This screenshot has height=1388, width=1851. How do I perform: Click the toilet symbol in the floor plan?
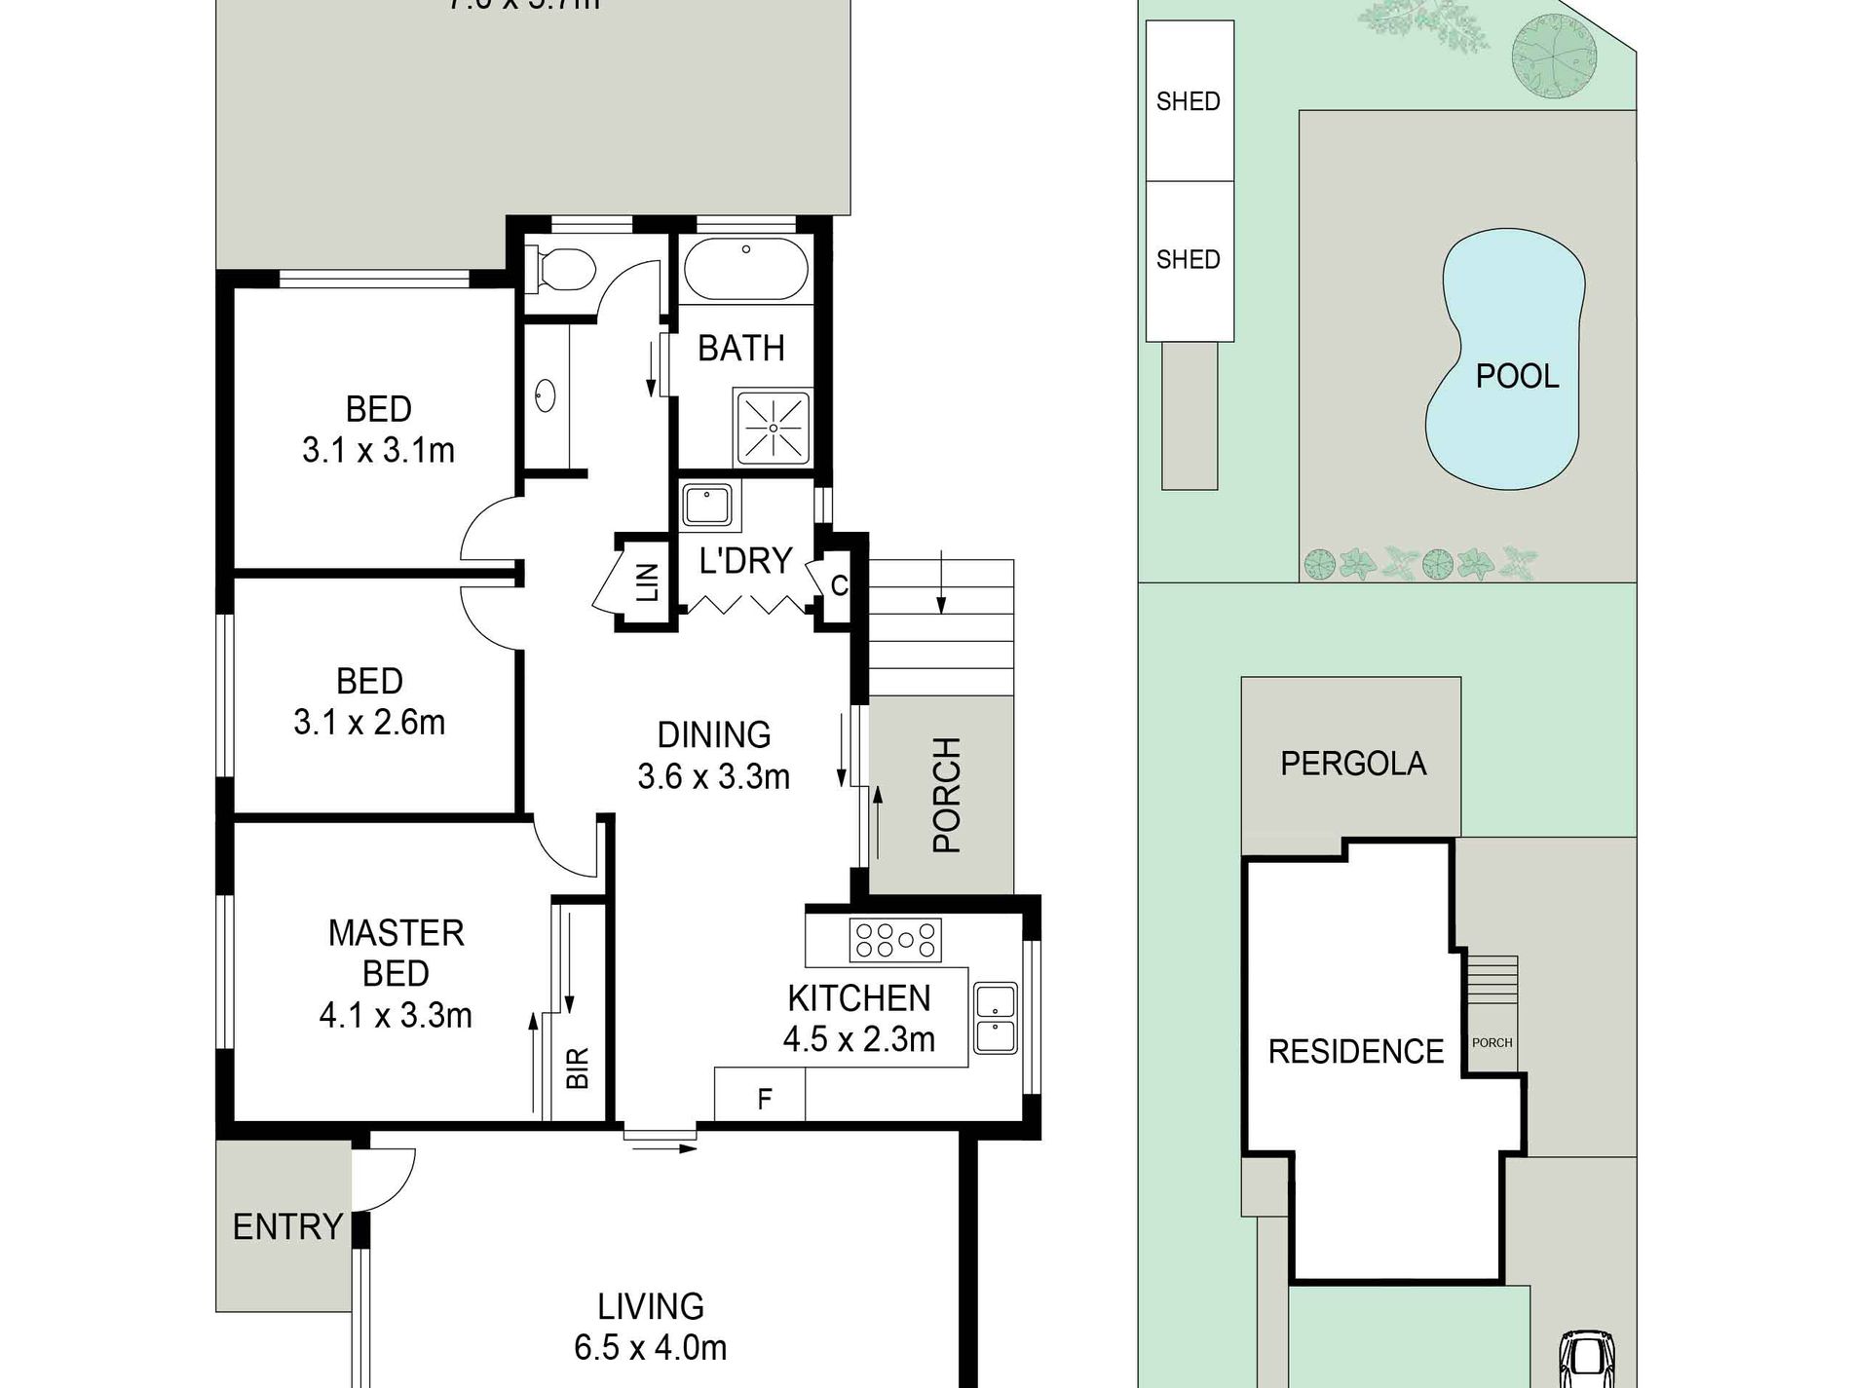tap(560, 268)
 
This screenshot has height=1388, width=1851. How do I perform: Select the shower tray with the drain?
tap(773, 428)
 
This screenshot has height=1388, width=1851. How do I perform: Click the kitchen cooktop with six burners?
tap(895, 940)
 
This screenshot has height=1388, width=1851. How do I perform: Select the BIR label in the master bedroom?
tap(578, 1068)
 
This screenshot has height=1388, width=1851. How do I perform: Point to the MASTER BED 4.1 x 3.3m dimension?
tap(396, 1015)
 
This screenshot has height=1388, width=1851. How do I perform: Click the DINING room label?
tap(713, 734)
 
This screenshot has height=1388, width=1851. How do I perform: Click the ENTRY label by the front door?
tap(287, 1226)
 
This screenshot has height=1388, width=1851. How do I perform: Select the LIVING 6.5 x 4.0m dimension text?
tap(650, 1348)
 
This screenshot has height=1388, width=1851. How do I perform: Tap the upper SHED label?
tap(1188, 101)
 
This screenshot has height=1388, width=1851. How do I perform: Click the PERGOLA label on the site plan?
tap(1353, 763)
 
